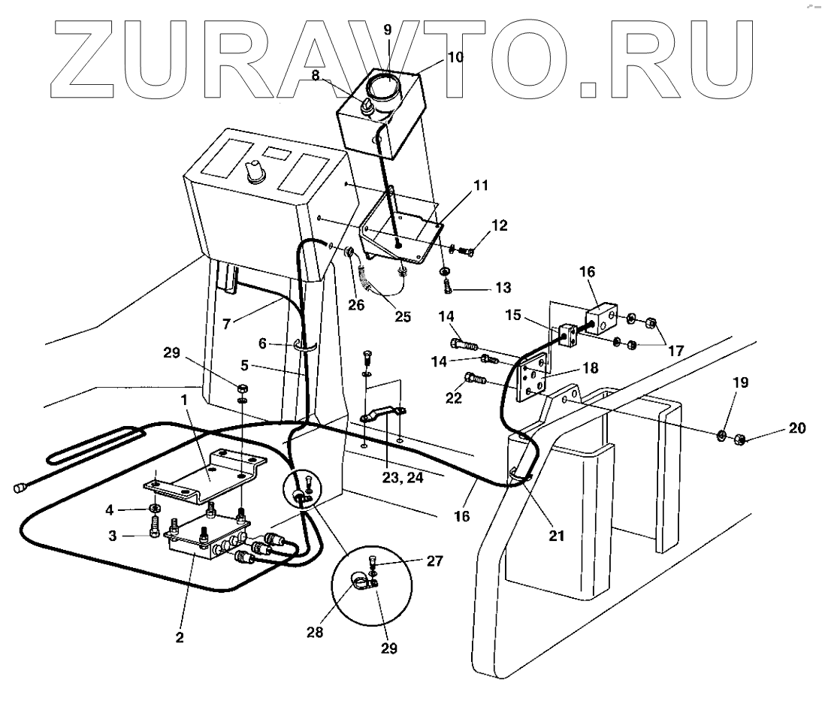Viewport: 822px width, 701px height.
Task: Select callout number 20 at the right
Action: pyautogui.click(x=796, y=428)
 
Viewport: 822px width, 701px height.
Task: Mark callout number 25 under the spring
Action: pyautogui.click(x=403, y=316)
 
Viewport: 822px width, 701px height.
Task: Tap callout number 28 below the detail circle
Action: pyautogui.click(x=314, y=633)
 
